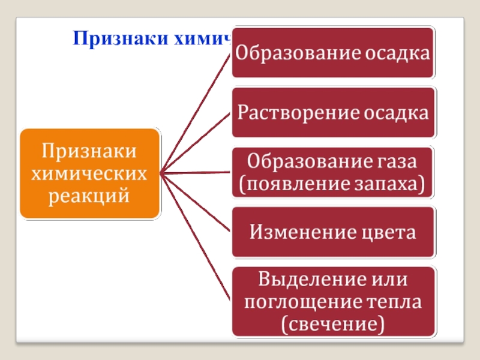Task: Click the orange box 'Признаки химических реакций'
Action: pyautogui.click(x=90, y=173)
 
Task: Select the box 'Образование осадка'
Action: pyautogui.click(x=333, y=53)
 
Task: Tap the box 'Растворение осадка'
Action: pyautogui.click(x=333, y=113)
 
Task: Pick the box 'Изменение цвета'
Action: pyautogui.click(x=333, y=232)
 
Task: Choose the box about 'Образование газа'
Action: pyautogui.click(x=333, y=173)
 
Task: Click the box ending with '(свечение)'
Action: pyautogui.click(x=333, y=302)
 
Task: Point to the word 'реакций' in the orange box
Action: pyautogui.click(x=90, y=194)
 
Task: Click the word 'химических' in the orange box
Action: pyautogui.click(x=90, y=173)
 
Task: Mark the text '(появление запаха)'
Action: pyautogui.click(x=333, y=184)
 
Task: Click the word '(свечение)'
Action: pyautogui.click(x=333, y=325)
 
